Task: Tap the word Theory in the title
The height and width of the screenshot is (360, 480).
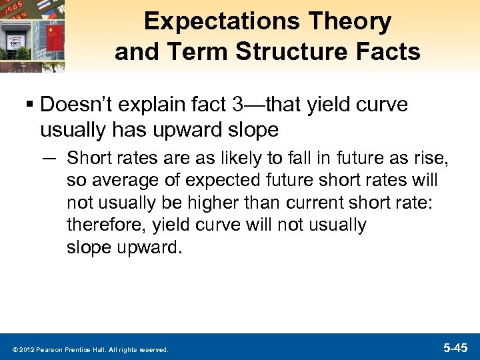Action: pyautogui.click(x=357, y=22)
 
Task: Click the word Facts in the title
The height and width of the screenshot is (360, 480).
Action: pyautogui.click(x=387, y=51)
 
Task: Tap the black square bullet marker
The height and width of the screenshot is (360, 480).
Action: pyautogui.click(x=29, y=105)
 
